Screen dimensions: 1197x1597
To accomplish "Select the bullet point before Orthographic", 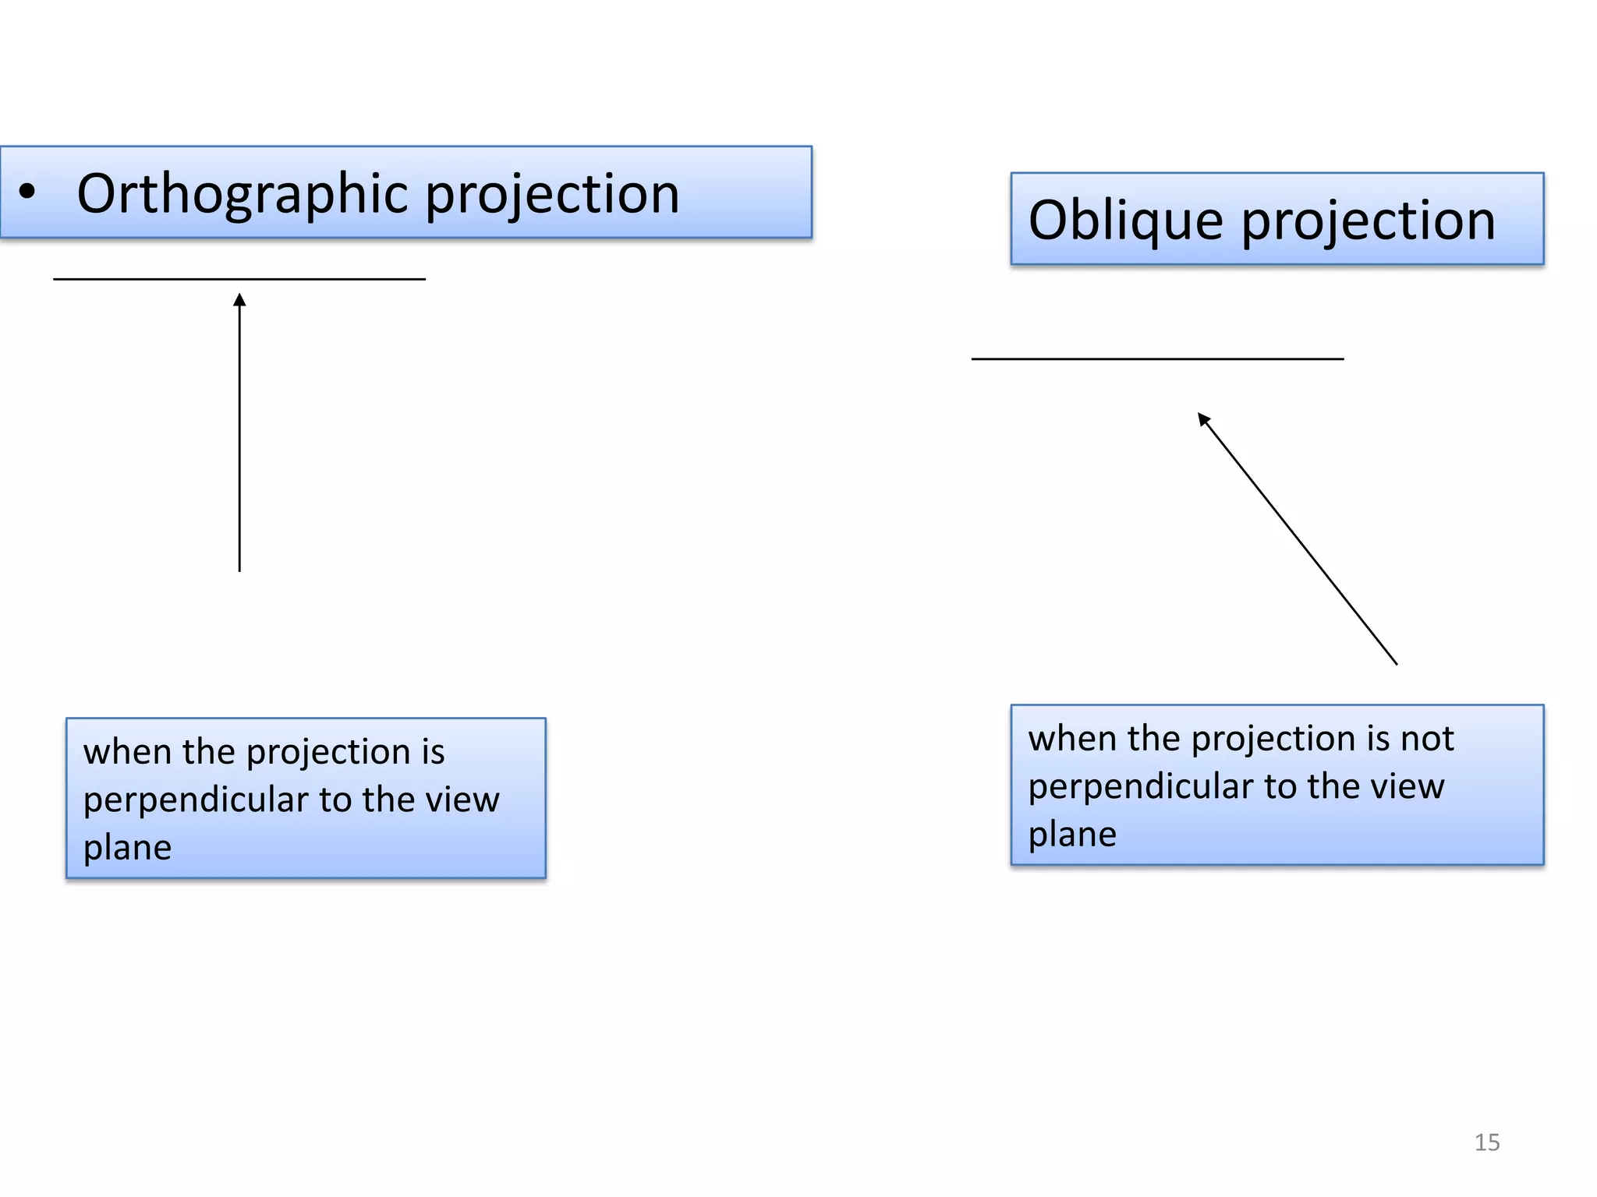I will tap(27, 192).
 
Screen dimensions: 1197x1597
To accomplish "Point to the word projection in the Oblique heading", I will tap(1368, 221).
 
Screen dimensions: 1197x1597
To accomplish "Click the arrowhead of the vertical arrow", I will tap(239, 300).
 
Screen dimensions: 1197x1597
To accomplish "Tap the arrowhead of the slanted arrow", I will tap(1203, 419).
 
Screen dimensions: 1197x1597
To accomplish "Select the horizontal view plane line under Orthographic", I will tap(239, 279).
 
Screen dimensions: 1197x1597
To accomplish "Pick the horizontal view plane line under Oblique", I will tap(1157, 359).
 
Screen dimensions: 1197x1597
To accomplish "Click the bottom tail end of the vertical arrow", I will tap(239, 570).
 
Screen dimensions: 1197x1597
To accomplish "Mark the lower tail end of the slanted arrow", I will tap(1395, 662).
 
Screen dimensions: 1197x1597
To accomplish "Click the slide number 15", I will tap(1486, 1142).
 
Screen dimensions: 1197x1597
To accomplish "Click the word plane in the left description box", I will tap(127, 848).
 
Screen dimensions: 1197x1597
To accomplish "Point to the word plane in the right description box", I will tap(1072, 835).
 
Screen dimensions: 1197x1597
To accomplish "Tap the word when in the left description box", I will tap(127, 752).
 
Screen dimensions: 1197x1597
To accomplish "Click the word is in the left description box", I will tap(433, 752).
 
